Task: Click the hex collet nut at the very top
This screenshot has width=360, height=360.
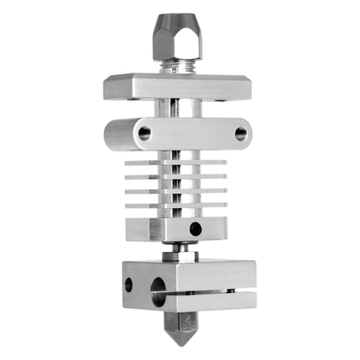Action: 176,37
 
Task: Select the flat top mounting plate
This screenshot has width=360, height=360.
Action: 176,86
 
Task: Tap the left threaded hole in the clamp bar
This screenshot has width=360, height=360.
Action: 145,133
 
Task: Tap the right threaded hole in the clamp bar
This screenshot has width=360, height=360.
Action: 240,133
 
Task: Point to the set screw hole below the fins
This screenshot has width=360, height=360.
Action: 195,229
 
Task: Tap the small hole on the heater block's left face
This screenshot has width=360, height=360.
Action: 129,284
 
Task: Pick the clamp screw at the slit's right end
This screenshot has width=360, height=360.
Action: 230,291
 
